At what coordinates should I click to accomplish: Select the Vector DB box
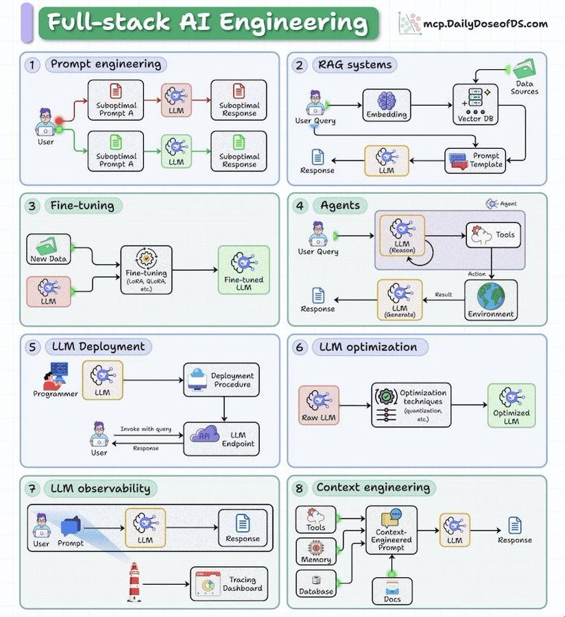point(474,104)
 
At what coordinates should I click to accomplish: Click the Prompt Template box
point(475,161)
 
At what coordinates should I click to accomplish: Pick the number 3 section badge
point(32,206)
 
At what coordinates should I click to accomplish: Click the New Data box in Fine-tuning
point(48,250)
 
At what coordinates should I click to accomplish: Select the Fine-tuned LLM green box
point(243,270)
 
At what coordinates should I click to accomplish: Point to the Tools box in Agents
point(491,235)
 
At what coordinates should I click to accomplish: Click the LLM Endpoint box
point(221,439)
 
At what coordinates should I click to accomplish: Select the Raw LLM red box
point(319,404)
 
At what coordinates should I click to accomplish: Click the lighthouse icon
point(134,583)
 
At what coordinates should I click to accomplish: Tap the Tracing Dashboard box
point(228,583)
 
